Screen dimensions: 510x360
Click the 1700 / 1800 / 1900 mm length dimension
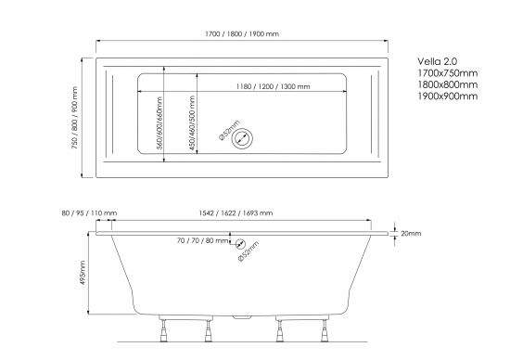(x=242, y=33)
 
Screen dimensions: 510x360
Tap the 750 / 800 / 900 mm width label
(x=75, y=118)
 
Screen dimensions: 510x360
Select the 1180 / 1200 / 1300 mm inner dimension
(x=273, y=86)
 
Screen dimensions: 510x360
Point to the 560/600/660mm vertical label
(x=159, y=122)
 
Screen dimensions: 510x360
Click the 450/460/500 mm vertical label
(x=192, y=122)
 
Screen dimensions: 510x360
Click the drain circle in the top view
(x=242, y=138)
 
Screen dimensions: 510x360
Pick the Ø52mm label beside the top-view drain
(x=230, y=130)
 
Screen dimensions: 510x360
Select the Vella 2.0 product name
(x=438, y=61)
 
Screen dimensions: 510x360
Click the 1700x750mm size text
(x=448, y=73)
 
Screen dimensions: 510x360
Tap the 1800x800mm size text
(x=448, y=84)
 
